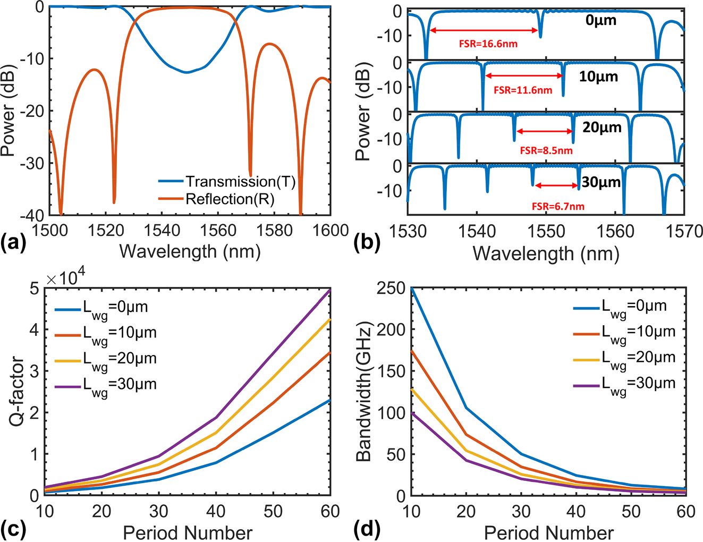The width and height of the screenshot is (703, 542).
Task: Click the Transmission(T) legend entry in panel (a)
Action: coord(239,182)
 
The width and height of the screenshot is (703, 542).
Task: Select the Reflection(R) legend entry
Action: coord(230,199)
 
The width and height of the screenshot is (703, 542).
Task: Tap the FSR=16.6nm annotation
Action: coord(488,44)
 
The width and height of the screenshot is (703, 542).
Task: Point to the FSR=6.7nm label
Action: coord(558,206)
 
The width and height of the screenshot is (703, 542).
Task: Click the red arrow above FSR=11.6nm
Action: coord(523,76)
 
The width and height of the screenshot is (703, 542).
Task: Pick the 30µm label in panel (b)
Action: coord(601,182)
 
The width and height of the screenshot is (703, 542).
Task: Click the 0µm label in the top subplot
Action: coord(601,21)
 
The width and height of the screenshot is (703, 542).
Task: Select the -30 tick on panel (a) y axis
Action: coord(33,163)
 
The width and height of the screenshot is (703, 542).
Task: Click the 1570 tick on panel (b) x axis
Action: coord(684,232)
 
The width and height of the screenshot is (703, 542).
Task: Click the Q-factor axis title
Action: coord(17,392)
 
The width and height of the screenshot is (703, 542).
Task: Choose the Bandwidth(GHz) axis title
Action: coord(363,392)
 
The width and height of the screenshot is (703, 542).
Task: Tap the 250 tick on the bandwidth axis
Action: coord(391,289)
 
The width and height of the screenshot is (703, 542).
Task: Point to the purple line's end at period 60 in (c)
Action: coord(330,290)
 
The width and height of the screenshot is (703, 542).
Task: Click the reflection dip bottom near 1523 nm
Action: coord(114,202)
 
